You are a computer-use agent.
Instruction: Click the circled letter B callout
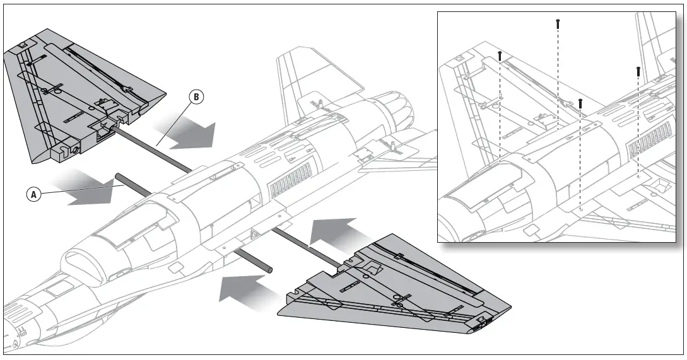click(196, 98)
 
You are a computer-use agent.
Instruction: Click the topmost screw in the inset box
click(558, 23)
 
